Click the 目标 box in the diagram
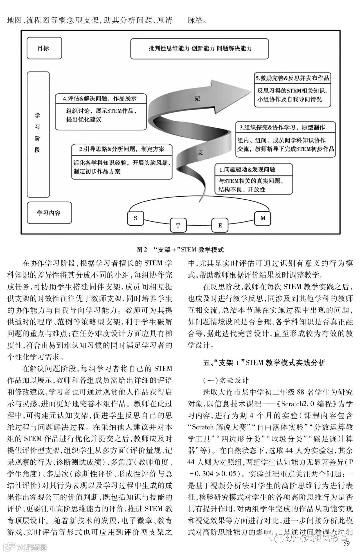pos(44,48)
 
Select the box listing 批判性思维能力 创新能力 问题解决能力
pos(200,48)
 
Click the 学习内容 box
pos(49,213)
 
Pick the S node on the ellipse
pos(135,218)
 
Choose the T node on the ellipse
pos(178,225)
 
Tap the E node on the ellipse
pos(220,225)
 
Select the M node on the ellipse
pos(263,218)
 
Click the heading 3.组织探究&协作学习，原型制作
pos(282,127)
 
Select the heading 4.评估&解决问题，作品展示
pos(100,98)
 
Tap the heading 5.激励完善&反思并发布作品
pos(292,78)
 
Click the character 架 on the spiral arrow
pos(197,99)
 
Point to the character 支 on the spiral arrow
pos(200,152)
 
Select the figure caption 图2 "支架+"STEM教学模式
pos(180,250)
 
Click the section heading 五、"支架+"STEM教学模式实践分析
pos(264,363)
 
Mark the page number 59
pos(346,544)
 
